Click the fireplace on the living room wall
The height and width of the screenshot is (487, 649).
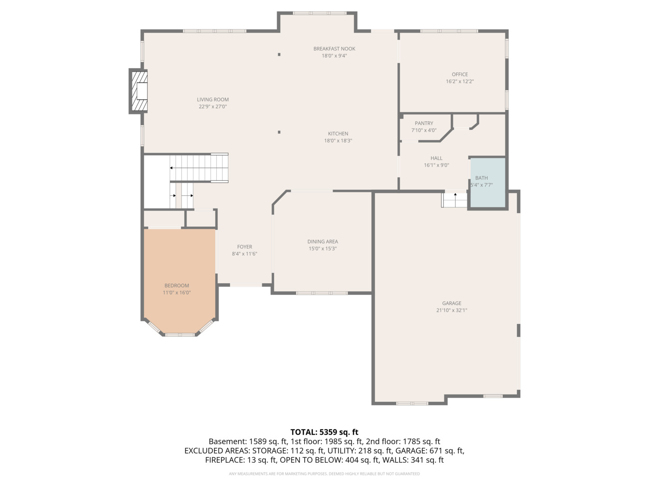click(138, 91)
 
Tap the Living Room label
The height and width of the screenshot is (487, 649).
click(213, 100)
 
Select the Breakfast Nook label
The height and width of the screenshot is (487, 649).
click(334, 49)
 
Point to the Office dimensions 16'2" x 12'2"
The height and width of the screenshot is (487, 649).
click(460, 81)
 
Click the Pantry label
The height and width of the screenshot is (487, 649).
click(424, 123)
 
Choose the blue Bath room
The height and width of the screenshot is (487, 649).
click(488, 183)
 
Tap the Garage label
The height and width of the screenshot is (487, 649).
click(452, 303)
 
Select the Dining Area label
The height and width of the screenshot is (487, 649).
click(323, 242)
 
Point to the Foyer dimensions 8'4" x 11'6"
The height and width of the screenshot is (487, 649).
click(245, 254)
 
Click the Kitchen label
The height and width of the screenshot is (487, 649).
click(338, 133)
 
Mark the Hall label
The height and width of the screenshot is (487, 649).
click(436, 158)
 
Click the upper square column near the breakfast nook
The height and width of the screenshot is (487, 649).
click(279, 55)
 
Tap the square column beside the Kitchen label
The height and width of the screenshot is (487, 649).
click(279, 132)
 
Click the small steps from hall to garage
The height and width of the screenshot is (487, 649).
click(454, 200)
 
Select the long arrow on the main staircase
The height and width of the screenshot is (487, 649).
click(199, 168)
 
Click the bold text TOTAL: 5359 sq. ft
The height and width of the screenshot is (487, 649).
click(324, 432)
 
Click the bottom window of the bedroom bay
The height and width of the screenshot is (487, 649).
click(180, 335)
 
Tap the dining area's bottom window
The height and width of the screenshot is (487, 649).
click(322, 293)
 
